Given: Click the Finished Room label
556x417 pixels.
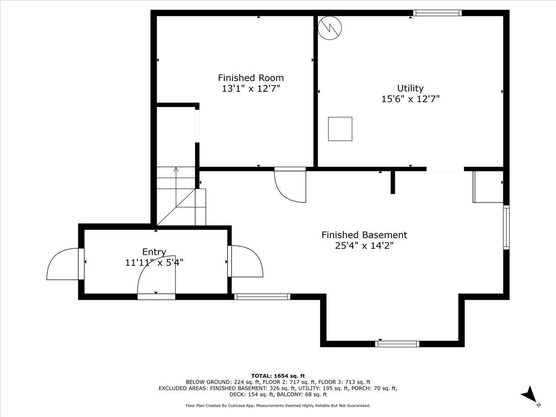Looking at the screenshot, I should [251, 78].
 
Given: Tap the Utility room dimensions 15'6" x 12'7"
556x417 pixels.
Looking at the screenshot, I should [410, 99].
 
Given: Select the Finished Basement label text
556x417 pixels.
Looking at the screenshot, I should [364, 235].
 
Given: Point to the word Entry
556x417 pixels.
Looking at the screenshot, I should [154, 252].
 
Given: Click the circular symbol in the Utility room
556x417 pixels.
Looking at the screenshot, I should [330, 28].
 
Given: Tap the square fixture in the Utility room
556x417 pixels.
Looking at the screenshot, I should [340, 129].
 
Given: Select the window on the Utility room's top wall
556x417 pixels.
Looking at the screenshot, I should [437, 13].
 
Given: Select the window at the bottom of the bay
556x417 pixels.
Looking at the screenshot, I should [397, 344].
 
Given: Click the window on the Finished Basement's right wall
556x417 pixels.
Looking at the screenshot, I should [506, 227].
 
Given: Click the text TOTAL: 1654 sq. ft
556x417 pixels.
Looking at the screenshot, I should [278, 376].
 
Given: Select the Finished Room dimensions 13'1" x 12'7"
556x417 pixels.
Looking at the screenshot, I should [251, 88].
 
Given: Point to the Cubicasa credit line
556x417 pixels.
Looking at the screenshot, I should [278, 405].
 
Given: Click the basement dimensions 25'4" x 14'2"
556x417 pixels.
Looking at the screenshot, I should [364, 246].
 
